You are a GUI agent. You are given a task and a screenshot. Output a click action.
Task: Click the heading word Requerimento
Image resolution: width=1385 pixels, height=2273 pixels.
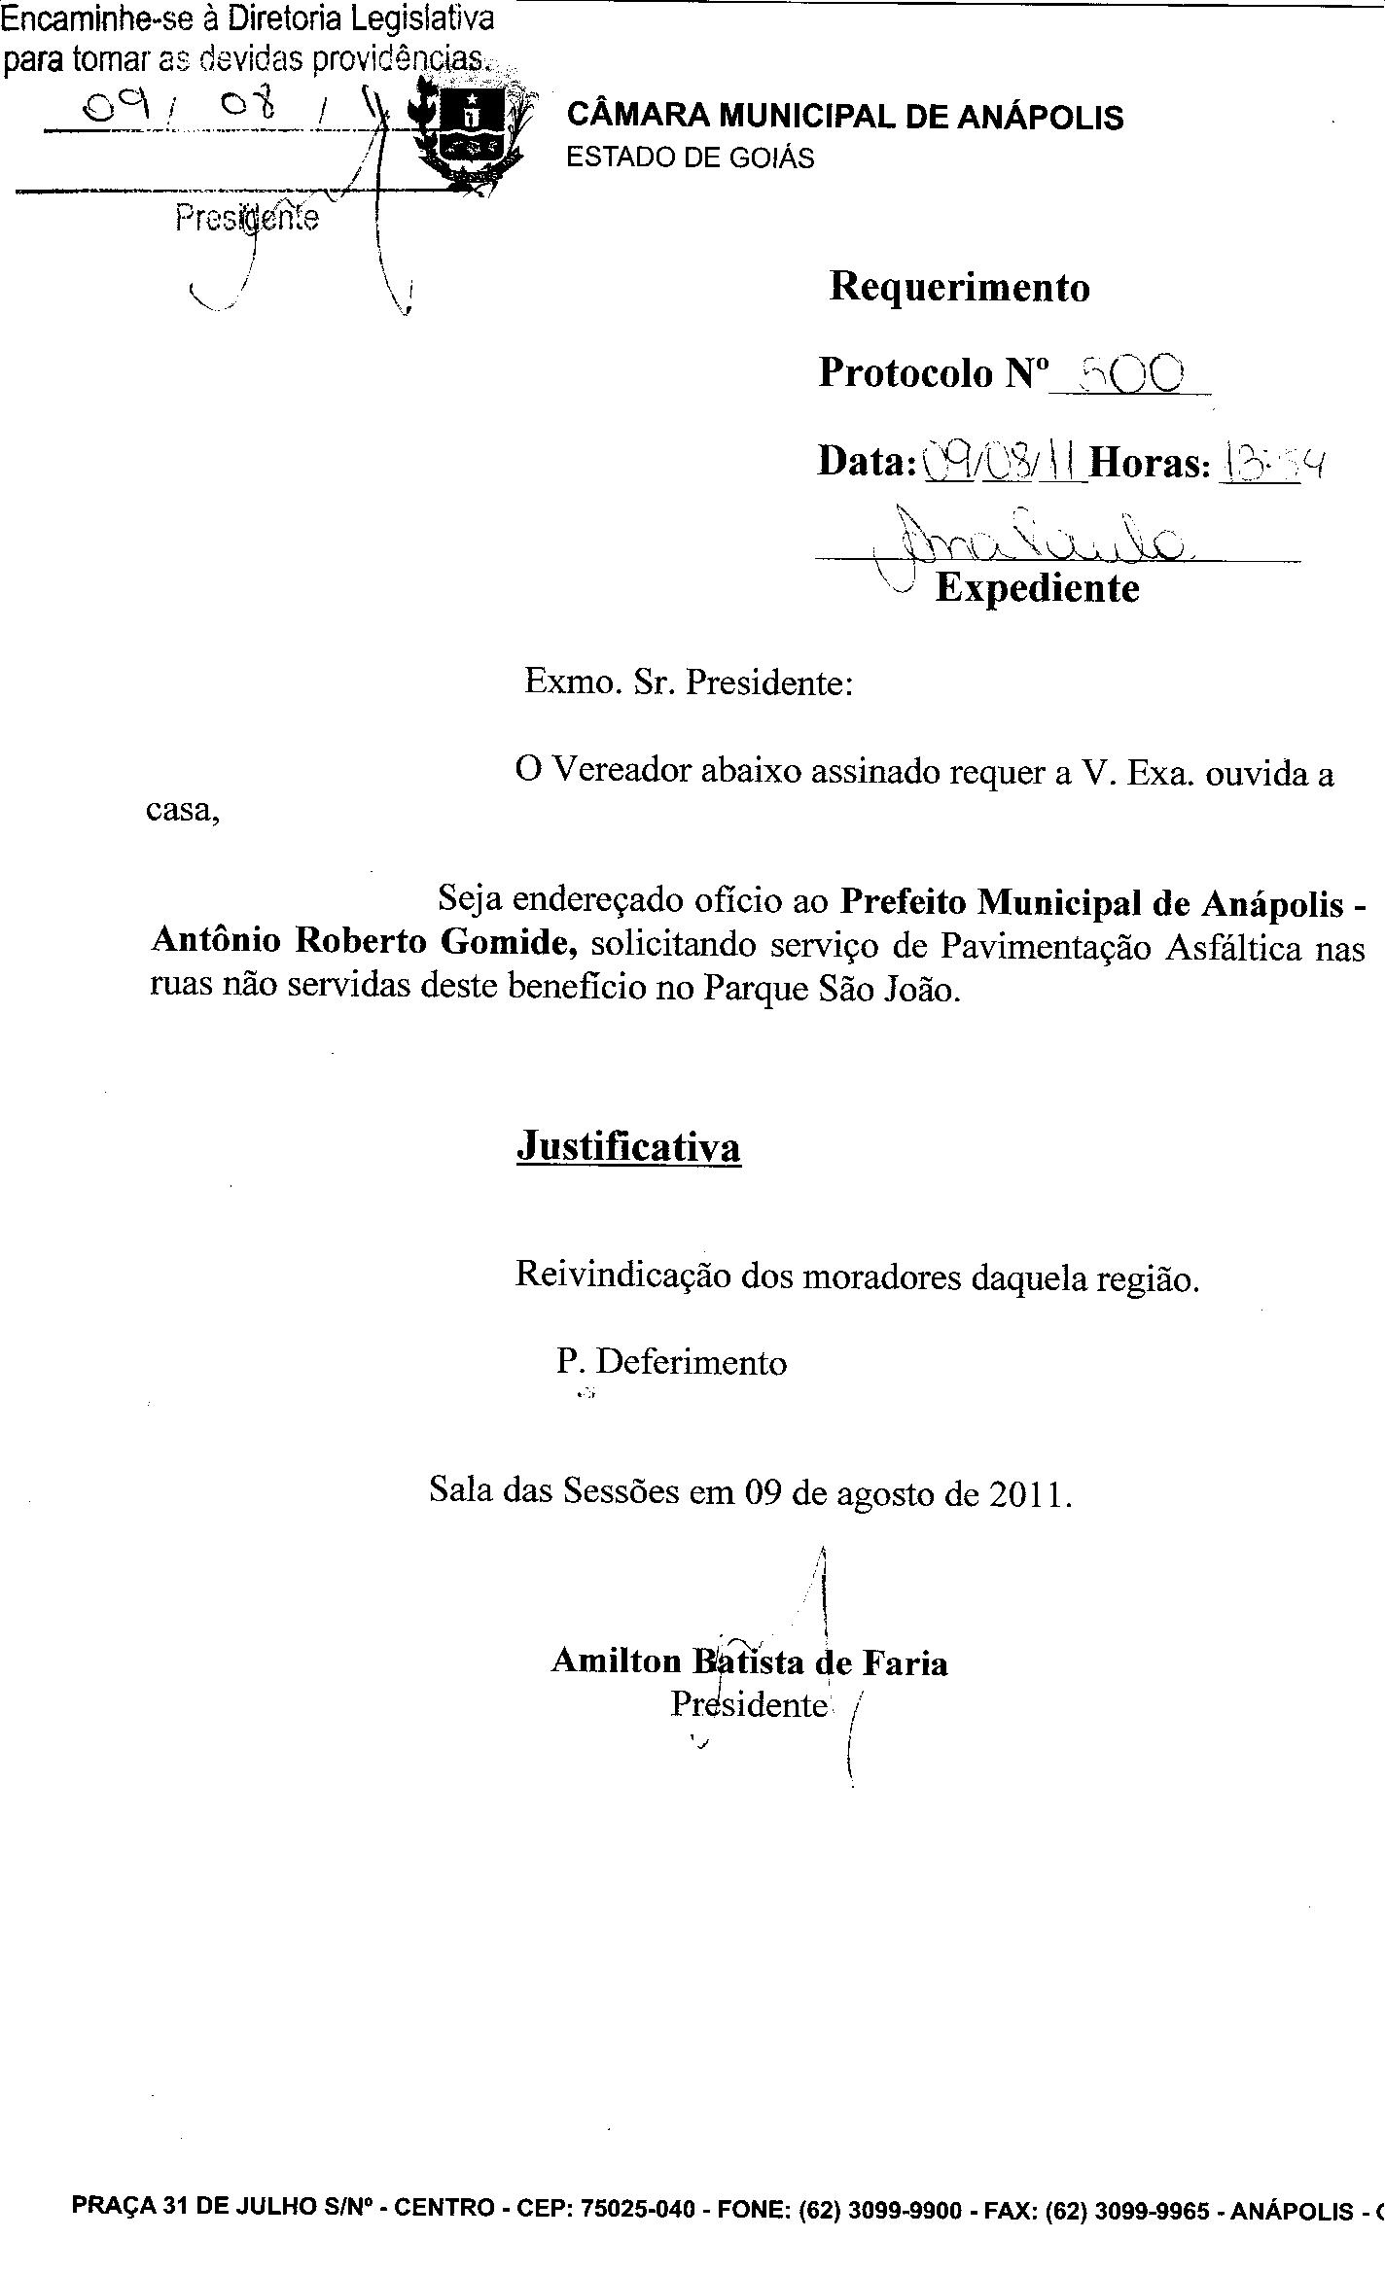pyautogui.click(x=959, y=287)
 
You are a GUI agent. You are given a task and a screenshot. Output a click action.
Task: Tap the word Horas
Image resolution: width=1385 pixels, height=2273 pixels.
pyautogui.click(x=1149, y=463)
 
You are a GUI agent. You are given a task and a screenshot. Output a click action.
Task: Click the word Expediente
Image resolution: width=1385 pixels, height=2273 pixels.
pyautogui.click(x=1037, y=589)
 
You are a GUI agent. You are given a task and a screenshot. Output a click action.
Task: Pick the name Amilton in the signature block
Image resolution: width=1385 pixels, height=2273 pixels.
pyautogui.click(x=617, y=1661)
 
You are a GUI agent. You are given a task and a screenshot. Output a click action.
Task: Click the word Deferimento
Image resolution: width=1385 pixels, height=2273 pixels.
pyautogui.click(x=690, y=1363)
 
